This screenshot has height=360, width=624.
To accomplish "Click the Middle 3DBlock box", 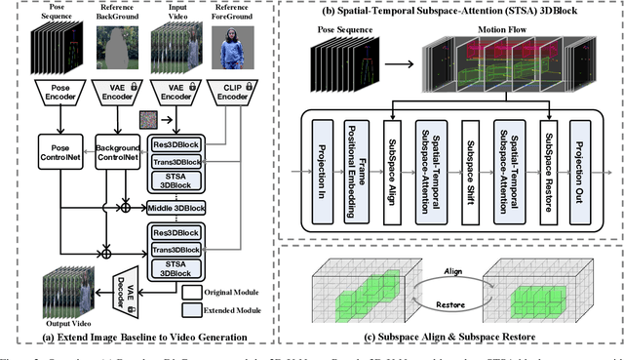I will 176,207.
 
